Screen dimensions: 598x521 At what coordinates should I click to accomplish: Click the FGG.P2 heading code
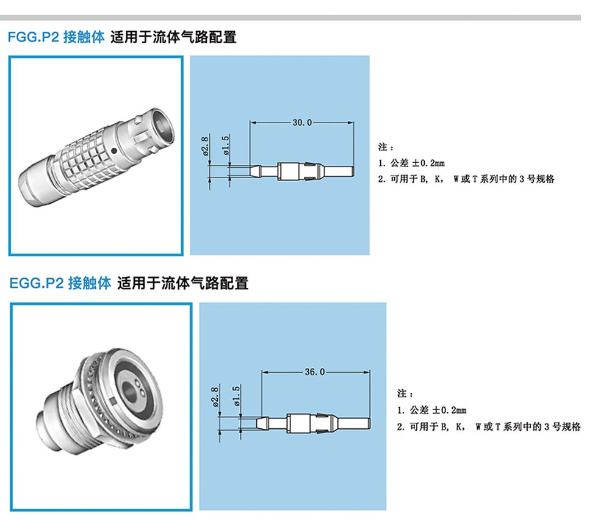[34, 37]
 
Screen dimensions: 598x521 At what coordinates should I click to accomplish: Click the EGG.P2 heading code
[36, 283]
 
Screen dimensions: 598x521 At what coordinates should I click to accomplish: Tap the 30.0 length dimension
[302, 123]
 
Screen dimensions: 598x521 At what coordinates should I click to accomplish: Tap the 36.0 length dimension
[315, 372]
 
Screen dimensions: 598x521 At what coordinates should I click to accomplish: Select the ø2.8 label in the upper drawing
[205, 146]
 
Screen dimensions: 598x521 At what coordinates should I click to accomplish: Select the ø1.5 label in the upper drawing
[226, 145]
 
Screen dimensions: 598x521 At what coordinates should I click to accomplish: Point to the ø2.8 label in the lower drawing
[215, 397]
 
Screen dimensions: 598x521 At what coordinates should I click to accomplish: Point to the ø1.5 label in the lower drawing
[237, 395]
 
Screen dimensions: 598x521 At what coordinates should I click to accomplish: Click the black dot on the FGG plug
[113, 151]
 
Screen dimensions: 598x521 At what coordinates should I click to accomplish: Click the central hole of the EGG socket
[129, 391]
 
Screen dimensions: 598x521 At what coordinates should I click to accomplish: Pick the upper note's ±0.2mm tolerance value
[428, 163]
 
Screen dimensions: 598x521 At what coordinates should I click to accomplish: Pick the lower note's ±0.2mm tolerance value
[449, 411]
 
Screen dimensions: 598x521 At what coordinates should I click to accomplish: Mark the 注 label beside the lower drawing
[402, 393]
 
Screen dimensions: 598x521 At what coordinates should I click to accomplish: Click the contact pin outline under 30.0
[301, 171]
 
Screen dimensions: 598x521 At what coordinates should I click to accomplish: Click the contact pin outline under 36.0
[313, 423]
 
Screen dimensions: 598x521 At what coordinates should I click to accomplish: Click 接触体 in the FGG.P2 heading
[84, 37]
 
